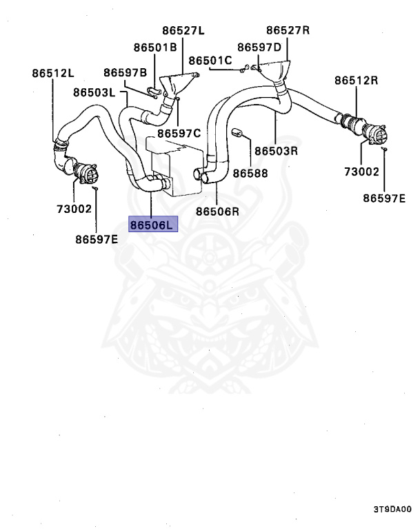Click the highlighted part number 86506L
pos(152,225)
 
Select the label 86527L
pos(184,30)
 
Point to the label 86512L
pos(53,72)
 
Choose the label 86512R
pos(357,80)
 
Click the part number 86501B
pos(155,47)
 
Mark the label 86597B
pos(126,72)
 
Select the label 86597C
pos(179,133)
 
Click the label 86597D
pos(259,47)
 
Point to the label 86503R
pos(275,149)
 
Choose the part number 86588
pos(250,173)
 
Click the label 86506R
pos(217,211)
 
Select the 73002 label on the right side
pos(362,170)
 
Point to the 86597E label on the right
pos(384,198)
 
